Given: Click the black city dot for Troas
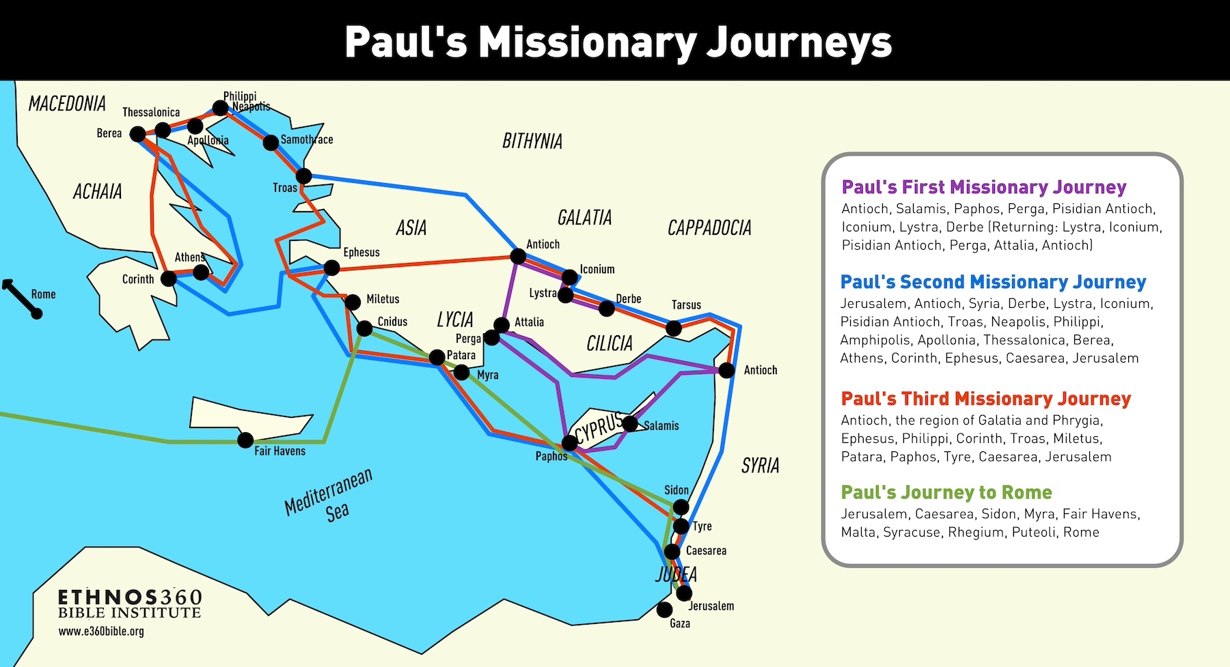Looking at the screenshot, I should click(303, 176).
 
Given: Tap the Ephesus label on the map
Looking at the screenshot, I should click(361, 253).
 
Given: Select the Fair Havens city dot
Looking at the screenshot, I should click(245, 440).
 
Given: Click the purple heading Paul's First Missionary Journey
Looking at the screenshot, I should click(984, 187).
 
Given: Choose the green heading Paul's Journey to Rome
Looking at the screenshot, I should click(946, 492).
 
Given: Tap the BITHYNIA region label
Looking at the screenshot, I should click(532, 141).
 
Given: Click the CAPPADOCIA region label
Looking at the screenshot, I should click(709, 228).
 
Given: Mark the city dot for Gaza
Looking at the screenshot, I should click(664, 610).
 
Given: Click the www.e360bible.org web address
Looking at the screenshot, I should click(101, 631).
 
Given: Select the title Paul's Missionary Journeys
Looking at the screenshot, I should click(618, 42).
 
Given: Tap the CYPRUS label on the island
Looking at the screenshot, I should click(599, 428).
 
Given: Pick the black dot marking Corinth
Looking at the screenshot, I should click(168, 278).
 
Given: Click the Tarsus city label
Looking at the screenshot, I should click(686, 305).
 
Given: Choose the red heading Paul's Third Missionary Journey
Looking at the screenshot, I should click(985, 399).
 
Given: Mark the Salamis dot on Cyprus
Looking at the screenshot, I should click(630, 423).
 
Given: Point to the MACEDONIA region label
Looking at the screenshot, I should click(67, 104).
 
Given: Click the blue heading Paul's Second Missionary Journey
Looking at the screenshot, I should click(993, 282).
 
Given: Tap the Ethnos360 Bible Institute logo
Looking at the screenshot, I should click(130, 604).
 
